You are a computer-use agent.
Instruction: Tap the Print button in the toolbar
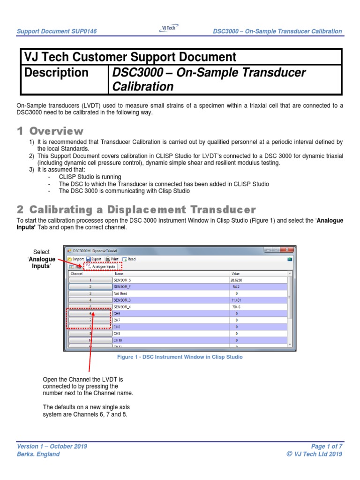point(112,259)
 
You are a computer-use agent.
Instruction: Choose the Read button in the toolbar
point(129,259)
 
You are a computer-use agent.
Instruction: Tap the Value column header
point(235,272)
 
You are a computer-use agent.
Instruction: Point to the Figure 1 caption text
point(180,357)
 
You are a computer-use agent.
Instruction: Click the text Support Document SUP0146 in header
point(60,31)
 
